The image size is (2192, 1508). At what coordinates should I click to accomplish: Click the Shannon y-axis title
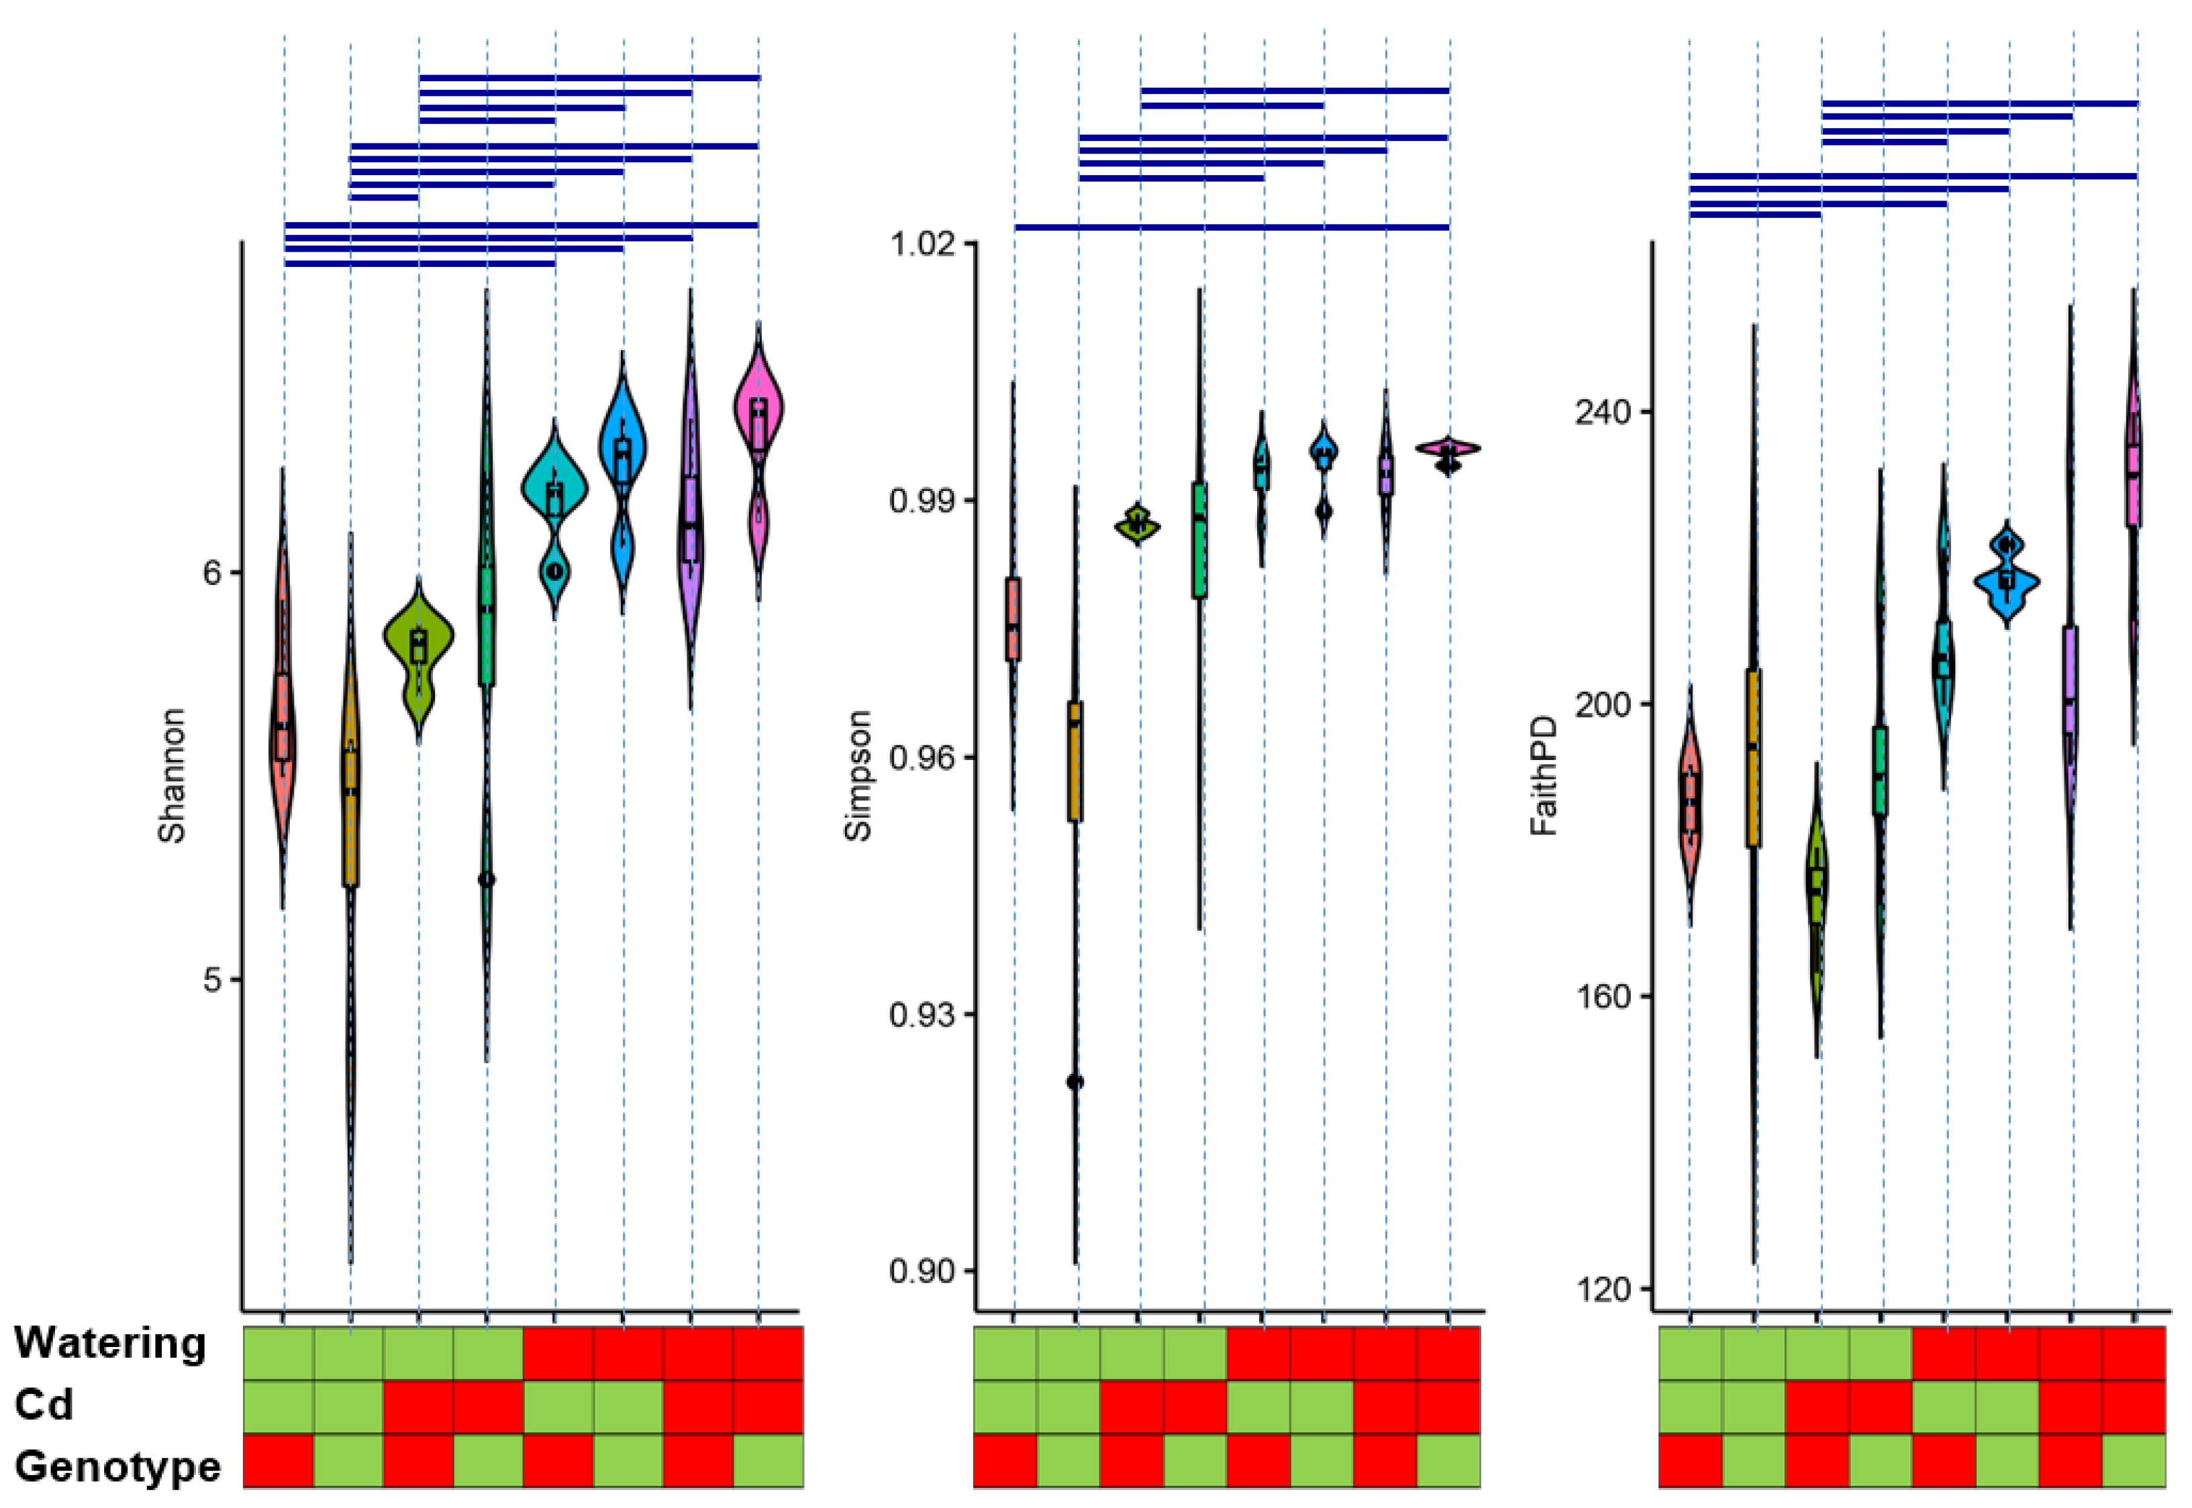[172, 775]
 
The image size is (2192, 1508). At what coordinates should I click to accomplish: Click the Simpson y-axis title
[857, 775]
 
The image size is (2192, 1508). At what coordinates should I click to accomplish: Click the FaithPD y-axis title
[1542, 775]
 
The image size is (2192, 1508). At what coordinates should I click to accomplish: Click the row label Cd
[44, 1405]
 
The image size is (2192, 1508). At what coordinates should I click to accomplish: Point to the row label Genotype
[117, 1467]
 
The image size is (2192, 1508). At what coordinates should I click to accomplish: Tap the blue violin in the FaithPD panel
[2007, 578]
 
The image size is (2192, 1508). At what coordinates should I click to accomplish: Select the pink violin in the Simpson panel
[1448, 449]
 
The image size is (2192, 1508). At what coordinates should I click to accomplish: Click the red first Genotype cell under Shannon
[279, 1461]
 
